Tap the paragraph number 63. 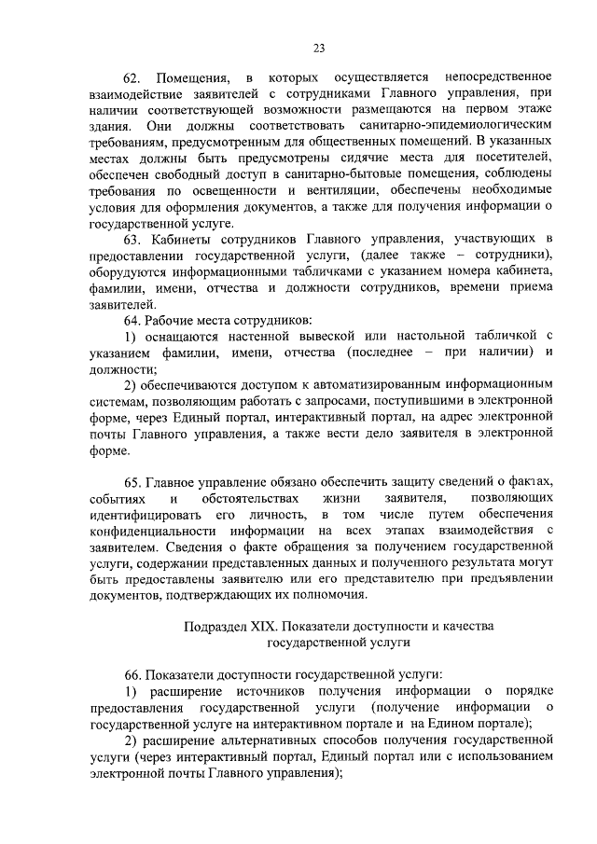(133, 242)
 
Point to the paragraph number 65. (133, 481)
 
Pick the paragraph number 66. (133, 673)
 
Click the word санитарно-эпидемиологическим (473, 125)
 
